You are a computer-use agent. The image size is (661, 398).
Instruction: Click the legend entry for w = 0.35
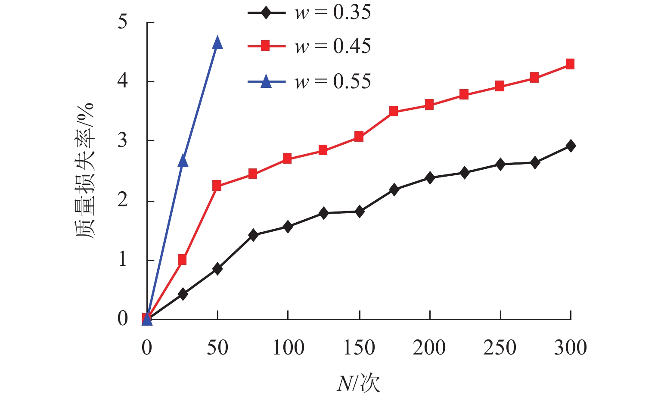pos(309,12)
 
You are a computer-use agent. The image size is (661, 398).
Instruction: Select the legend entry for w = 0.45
pos(309,46)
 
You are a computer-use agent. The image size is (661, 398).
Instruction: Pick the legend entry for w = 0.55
pos(309,81)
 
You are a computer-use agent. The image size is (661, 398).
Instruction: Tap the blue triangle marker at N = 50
pos(217,42)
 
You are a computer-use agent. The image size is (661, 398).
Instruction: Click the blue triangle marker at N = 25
pos(183,161)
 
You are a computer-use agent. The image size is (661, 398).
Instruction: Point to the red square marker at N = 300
pos(570,64)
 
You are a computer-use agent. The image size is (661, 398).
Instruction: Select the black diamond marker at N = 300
pos(571,146)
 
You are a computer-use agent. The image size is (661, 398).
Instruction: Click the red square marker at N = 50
pos(217,186)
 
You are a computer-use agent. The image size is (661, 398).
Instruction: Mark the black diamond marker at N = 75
pos(253,235)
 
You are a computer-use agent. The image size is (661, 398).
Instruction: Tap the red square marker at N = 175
pos(394,111)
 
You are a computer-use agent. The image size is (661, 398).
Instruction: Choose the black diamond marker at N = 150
pos(360,211)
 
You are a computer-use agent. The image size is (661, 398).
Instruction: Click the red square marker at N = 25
pos(182,259)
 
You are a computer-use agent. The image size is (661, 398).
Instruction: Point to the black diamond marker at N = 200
pos(430,177)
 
